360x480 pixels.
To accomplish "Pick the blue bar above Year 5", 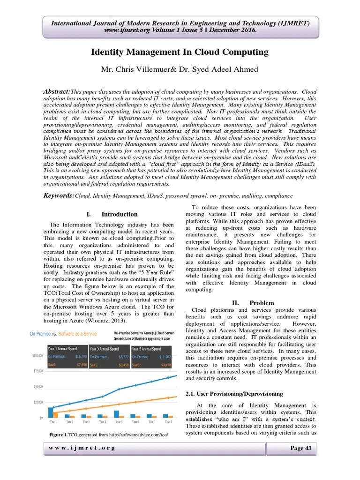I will point(116,413).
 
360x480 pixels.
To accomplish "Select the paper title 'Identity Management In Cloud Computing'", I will point(180,52).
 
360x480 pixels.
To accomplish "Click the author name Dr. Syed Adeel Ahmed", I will point(219,70).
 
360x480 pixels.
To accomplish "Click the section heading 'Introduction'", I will point(120,214).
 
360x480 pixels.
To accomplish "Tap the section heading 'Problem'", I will point(262,303).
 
